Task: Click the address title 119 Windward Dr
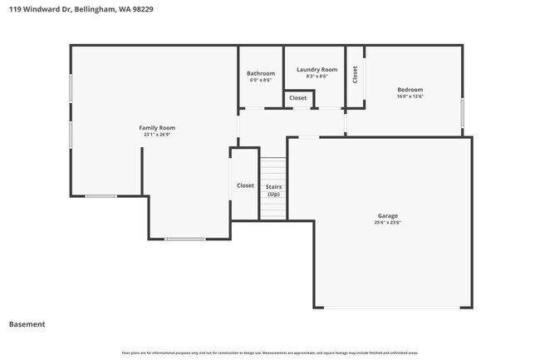tap(81, 9)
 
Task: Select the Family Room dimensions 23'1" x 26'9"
tap(156, 135)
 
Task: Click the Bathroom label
tap(260, 73)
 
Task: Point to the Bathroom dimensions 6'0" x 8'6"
tap(260, 81)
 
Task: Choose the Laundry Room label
tap(317, 69)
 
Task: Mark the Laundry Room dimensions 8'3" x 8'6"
tap(317, 76)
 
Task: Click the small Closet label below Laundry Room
tap(297, 98)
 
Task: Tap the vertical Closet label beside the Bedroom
tap(356, 75)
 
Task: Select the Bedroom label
tap(410, 89)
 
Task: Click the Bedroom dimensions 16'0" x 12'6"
tap(410, 96)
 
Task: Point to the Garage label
tap(388, 215)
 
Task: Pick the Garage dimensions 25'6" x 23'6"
tap(388, 223)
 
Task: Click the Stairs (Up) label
tap(273, 190)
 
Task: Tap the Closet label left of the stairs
tap(245, 185)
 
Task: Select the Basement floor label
tap(27, 324)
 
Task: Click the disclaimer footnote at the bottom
tap(270, 353)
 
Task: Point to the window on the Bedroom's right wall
tap(463, 112)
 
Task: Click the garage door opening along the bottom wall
tap(390, 308)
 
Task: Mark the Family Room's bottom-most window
tap(184, 239)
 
